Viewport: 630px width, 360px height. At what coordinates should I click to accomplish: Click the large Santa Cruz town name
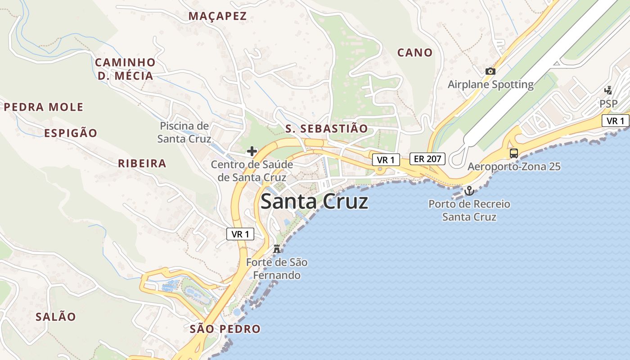[x=314, y=202]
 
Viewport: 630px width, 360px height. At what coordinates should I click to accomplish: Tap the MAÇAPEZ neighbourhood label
[x=217, y=16]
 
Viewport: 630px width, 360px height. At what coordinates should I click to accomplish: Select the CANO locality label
[x=414, y=53]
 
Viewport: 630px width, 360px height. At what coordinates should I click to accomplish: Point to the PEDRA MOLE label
[x=44, y=107]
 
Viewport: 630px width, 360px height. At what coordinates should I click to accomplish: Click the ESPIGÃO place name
[x=71, y=133]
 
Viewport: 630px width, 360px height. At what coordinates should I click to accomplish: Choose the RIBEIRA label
[x=142, y=163]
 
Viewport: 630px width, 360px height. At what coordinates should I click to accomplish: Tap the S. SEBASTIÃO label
[x=327, y=129]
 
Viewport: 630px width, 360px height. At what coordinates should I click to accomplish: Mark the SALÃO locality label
[x=56, y=316]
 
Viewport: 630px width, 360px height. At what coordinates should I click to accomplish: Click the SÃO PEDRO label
[x=225, y=329]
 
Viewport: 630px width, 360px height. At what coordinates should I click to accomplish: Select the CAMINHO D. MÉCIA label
[x=125, y=69]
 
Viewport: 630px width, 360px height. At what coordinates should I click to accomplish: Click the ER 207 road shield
[x=427, y=158]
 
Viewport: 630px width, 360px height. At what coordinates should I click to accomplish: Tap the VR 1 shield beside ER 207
[x=386, y=160]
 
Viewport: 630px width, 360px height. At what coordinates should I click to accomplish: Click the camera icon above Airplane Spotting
[x=490, y=71]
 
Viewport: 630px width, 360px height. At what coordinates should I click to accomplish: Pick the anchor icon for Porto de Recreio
[x=469, y=191]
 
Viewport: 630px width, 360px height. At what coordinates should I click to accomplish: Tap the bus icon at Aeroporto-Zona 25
[x=514, y=153]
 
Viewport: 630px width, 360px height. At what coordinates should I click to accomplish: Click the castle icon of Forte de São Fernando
[x=277, y=248]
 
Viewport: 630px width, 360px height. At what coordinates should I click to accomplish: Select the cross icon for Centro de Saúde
[x=252, y=151]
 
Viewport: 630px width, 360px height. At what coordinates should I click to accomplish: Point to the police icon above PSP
[x=608, y=90]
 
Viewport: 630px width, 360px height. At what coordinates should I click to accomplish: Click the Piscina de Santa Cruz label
[x=184, y=132]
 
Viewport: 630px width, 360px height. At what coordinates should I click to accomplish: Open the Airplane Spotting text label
[x=490, y=84]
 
